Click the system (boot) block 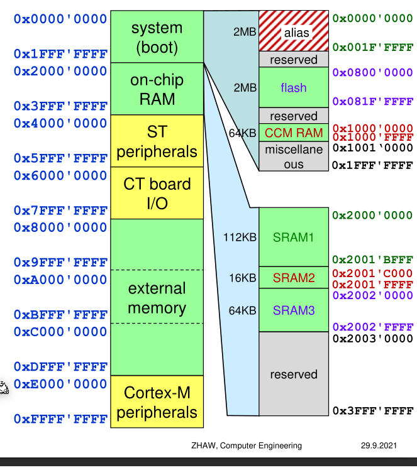point(157,37)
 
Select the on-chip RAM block point(157,89)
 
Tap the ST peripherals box point(157,141)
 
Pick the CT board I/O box point(157,193)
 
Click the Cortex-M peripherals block point(157,402)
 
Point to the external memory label point(157,298)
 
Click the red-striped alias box point(292,31)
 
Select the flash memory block point(292,87)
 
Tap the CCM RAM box point(292,133)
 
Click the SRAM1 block point(292,238)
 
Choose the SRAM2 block point(292,277)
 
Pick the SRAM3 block point(292,310)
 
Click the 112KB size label point(240,238)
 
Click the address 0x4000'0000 point(60,124)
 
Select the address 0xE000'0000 point(60,384)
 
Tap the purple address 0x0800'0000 point(372,73)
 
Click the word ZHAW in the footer point(203,445)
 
